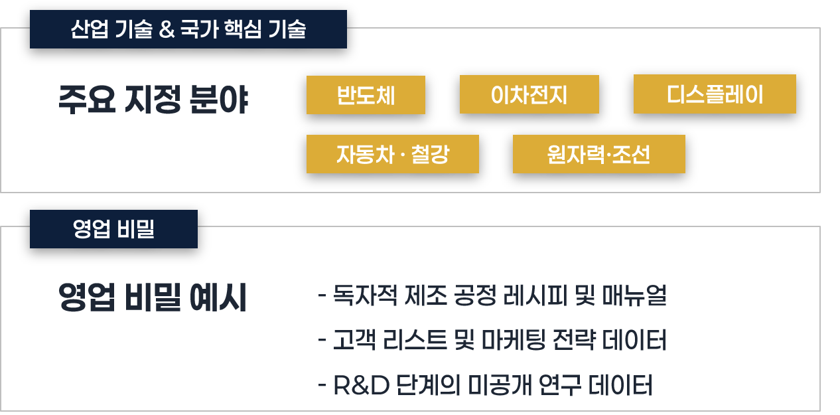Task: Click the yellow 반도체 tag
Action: point(366,95)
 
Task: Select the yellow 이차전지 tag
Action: point(529,95)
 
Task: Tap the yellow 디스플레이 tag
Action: point(715,95)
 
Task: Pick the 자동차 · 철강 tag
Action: point(392,154)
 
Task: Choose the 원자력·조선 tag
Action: point(598,154)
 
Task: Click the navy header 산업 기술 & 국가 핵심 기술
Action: point(188,30)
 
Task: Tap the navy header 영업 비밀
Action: point(113,229)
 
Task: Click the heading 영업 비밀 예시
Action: point(153,298)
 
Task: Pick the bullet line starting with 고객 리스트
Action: point(492,340)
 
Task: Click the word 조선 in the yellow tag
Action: point(631,154)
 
